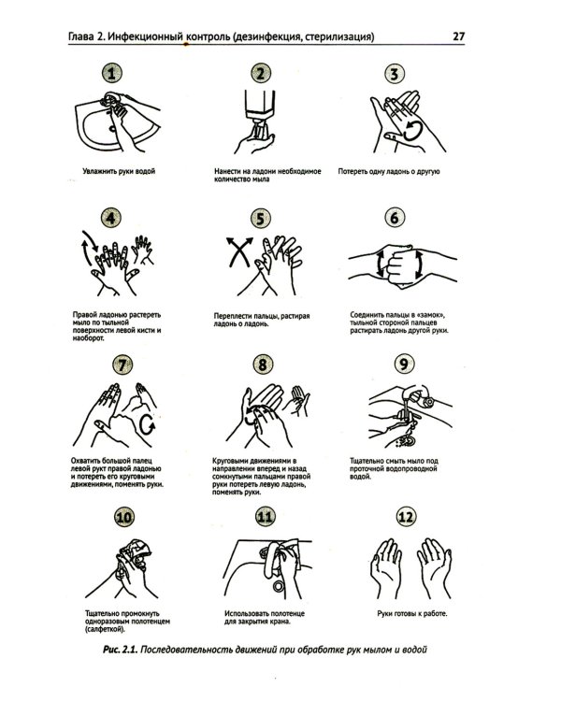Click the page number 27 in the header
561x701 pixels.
tap(459, 36)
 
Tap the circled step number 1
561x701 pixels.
tap(112, 73)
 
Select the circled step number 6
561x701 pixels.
tap(395, 218)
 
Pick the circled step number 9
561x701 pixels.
tap(404, 364)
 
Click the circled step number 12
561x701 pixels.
tap(406, 517)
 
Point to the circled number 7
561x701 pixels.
tap(122, 365)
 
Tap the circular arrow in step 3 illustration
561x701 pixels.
tap(412, 131)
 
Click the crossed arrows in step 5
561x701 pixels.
tap(239, 251)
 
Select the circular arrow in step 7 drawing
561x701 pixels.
tap(147, 424)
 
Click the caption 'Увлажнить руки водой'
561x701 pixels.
tap(119, 171)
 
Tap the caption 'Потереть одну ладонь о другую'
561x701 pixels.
tap(389, 171)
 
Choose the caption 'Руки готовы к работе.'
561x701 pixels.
tap(412, 614)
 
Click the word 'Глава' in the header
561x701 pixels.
tap(81, 36)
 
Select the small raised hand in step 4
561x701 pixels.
tap(143, 249)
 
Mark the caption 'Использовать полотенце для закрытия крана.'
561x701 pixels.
tap(265, 618)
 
